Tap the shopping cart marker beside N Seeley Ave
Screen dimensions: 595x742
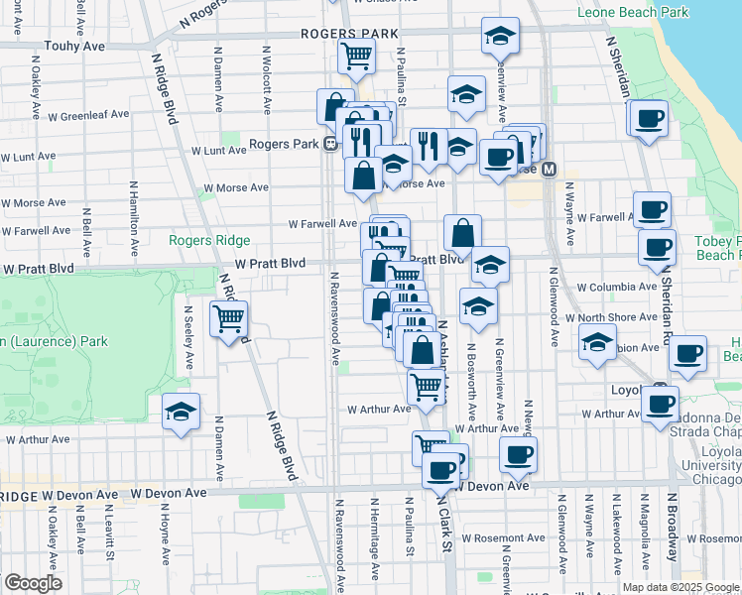[x=229, y=319]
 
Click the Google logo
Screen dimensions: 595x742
[x=33, y=583]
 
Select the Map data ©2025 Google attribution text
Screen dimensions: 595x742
[x=680, y=587]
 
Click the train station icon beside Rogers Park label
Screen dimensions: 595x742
[x=328, y=144]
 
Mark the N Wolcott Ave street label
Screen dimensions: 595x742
[x=267, y=74]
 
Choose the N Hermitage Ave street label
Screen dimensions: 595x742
[x=375, y=551]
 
